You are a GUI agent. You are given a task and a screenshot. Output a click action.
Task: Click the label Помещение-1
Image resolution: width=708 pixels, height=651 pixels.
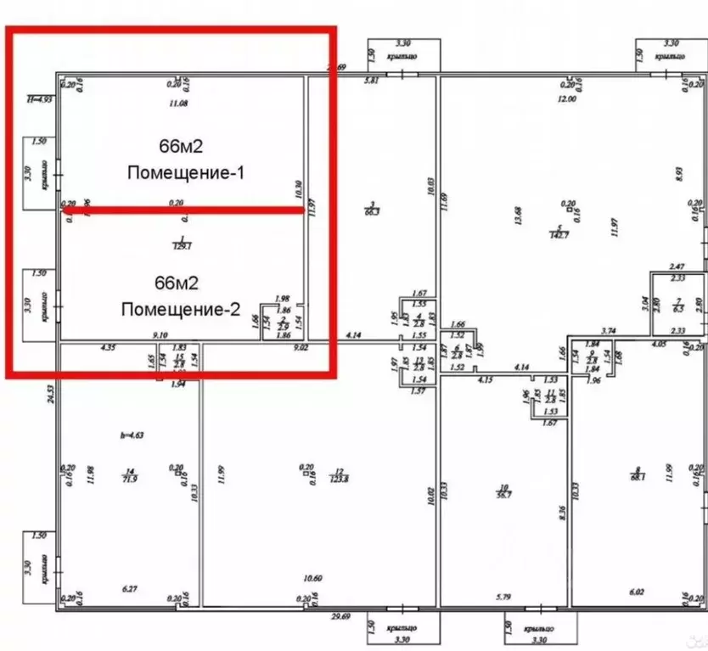pyautogui.click(x=186, y=173)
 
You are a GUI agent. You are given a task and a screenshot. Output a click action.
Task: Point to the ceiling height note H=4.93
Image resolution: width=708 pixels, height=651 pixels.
pyautogui.click(x=40, y=99)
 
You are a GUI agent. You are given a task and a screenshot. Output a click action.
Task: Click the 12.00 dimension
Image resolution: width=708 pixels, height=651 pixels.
pyautogui.click(x=566, y=99)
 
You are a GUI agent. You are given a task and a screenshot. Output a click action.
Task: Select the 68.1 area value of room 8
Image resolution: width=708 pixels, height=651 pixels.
pyautogui.click(x=639, y=477)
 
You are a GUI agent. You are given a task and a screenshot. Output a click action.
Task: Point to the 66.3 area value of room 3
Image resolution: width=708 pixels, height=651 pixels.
pyautogui.click(x=370, y=212)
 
